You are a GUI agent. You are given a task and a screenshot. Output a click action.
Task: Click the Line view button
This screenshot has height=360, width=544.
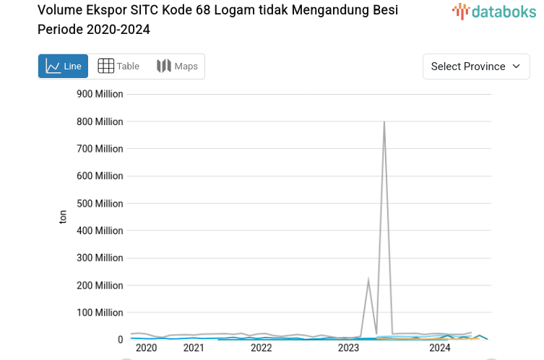[x=64, y=66]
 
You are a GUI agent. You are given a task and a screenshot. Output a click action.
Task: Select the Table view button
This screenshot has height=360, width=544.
[x=118, y=66]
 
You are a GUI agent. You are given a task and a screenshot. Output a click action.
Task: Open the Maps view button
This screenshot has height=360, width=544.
[x=177, y=66]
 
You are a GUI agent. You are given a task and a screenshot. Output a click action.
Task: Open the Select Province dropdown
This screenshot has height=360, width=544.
[x=476, y=66]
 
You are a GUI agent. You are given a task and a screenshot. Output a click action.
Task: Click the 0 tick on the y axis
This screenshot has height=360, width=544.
[x=120, y=339]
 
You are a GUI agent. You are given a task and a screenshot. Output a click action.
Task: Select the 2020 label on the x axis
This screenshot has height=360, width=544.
[x=146, y=348]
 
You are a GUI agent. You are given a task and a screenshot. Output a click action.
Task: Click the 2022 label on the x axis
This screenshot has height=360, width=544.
[x=261, y=348]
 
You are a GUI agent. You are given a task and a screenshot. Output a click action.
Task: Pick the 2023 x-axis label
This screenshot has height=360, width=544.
[x=348, y=348]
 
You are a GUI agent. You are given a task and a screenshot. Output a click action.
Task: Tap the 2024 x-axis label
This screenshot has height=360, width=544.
[x=439, y=348]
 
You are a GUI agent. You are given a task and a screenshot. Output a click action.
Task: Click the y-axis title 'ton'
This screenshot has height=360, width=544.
[x=63, y=216]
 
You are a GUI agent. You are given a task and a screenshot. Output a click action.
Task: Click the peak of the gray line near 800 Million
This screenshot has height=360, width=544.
[x=384, y=122]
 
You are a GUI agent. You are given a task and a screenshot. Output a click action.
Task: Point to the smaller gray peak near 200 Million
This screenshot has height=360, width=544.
[x=368, y=280]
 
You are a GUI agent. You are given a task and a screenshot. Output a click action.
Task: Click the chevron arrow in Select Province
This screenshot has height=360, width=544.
[x=516, y=66]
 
